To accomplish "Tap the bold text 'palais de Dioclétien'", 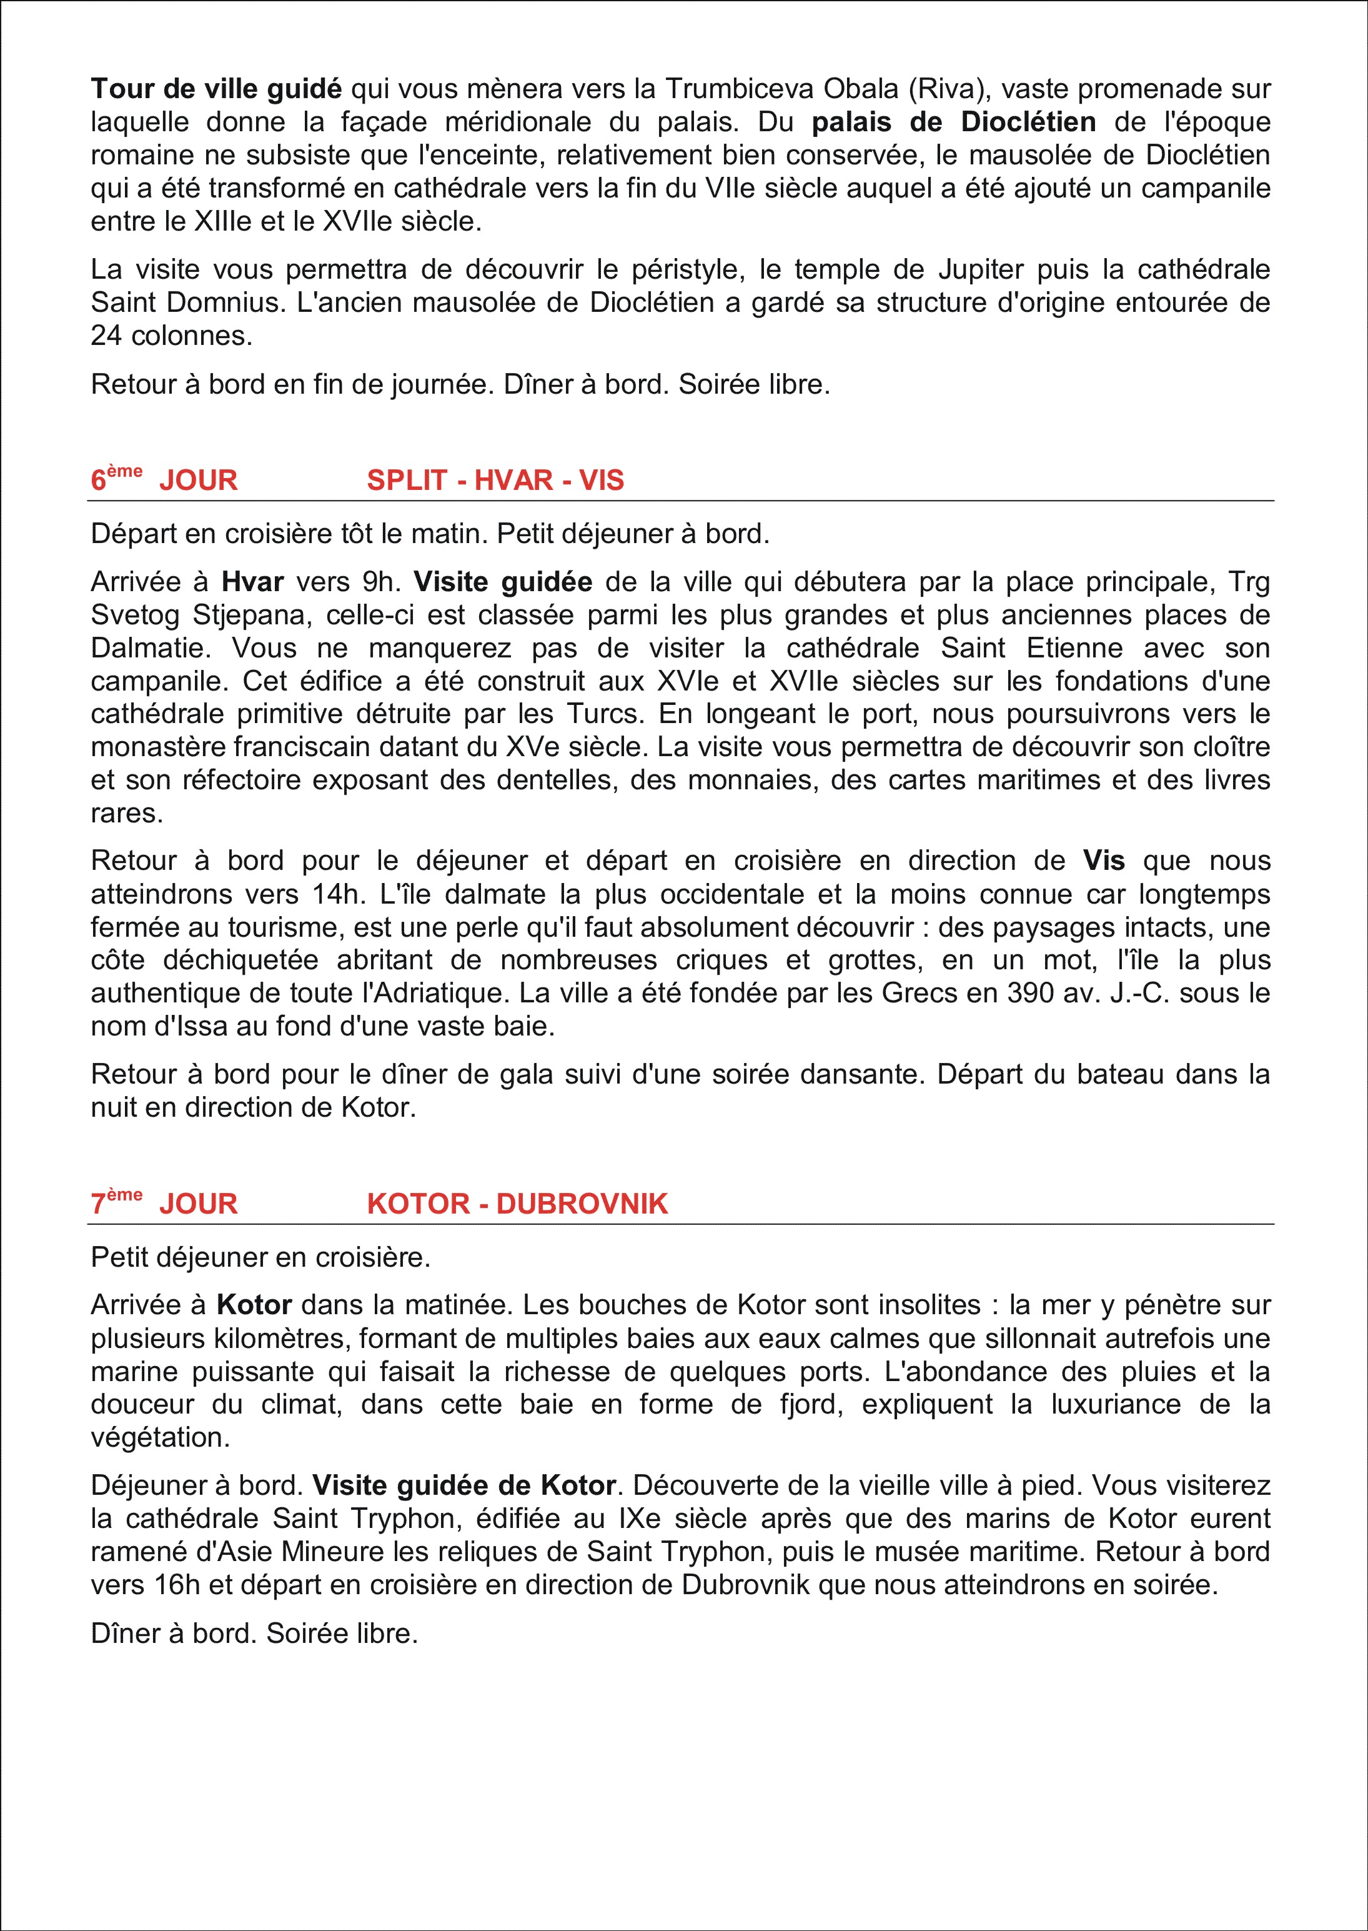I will [x=954, y=122].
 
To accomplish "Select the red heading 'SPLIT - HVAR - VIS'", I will [x=495, y=480].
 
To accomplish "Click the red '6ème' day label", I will [x=116, y=479].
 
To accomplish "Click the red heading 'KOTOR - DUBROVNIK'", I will [x=517, y=1204].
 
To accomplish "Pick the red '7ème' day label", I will [x=116, y=1202].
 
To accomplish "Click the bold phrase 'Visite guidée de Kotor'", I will [x=464, y=1485].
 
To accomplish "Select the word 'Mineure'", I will [x=332, y=1551].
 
